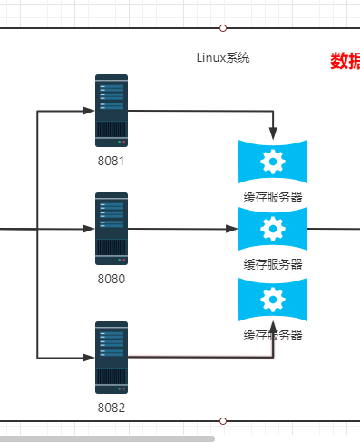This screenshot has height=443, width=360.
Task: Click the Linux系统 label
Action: (x=222, y=57)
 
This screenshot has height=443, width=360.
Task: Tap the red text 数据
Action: (x=345, y=61)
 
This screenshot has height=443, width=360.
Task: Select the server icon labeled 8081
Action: (x=112, y=111)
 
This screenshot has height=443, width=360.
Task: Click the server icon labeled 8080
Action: (x=112, y=229)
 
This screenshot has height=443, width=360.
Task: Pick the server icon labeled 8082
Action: (x=112, y=357)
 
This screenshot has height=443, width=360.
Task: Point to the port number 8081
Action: (x=111, y=161)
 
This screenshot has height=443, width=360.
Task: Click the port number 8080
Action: (x=111, y=279)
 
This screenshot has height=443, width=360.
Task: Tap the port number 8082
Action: (x=111, y=408)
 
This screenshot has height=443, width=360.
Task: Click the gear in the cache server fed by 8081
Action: (x=272, y=162)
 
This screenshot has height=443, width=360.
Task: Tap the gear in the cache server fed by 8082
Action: (x=272, y=300)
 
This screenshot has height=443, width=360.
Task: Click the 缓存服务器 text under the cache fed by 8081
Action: (x=272, y=196)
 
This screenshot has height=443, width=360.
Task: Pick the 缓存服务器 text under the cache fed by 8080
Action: (x=272, y=264)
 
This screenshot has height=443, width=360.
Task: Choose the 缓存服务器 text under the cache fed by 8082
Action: (x=272, y=335)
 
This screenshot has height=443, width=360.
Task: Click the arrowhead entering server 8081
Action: (x=89, y=111)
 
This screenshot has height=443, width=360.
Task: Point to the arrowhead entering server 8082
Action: (x=89, y=357)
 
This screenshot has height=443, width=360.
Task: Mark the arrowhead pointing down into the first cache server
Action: (x=273, y=133)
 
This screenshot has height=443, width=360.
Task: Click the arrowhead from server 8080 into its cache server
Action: (x=232, y=230)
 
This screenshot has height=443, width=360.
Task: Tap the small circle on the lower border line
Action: (x=223, y=421)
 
